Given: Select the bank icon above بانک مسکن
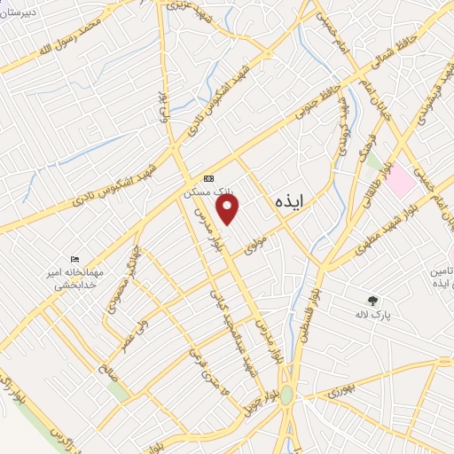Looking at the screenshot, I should [x=208, y=177].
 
